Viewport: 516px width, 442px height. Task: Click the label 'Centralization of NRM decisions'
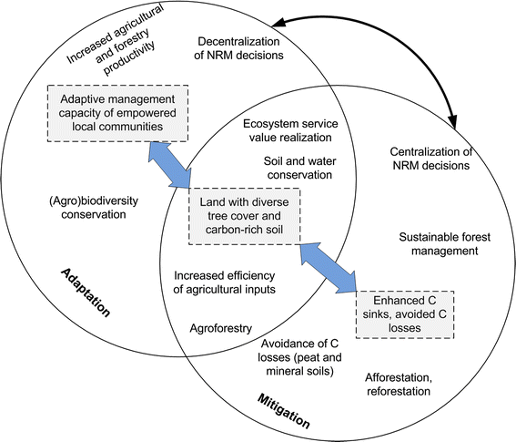point(428,159)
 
